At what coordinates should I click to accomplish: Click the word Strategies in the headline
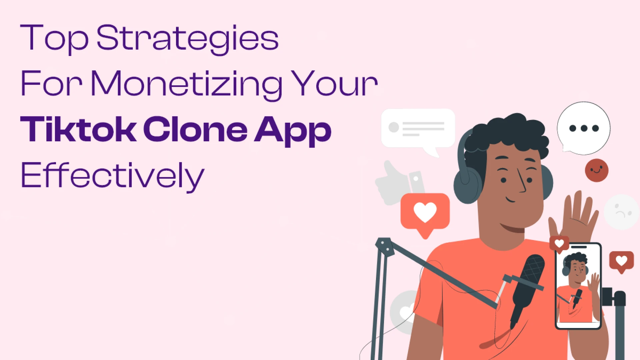[187, 39]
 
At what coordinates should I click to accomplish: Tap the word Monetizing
[186, 85]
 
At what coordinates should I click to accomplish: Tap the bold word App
[293, 131]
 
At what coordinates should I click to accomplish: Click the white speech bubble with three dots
[583, 128]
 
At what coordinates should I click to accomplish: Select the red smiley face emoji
[596, 170]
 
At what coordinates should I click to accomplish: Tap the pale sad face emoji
[621, 212]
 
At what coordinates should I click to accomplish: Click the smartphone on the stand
[578, 286]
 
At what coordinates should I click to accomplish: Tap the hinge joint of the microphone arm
[385, 246]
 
